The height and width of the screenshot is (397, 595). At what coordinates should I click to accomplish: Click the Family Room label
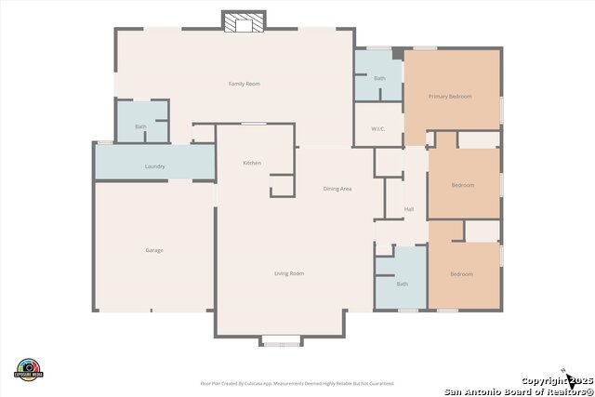pos(245,84)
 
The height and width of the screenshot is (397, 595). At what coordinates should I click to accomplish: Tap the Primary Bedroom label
pos(450,97)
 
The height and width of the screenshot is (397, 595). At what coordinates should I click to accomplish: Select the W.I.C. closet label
pos(378,129)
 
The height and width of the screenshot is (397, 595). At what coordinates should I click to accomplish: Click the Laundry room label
pos(154,166)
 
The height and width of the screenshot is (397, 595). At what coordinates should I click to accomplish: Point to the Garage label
pos(153,250)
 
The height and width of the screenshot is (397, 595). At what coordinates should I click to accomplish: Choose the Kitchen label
pos(252,163)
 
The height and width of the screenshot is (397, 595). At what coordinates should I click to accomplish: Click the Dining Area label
pos(337,189)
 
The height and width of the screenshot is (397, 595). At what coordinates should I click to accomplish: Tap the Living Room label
pos(289,273)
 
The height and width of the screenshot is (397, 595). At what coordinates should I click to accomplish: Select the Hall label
pos(409,209)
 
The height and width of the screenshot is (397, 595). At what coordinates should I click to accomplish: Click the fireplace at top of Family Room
pos(244,23)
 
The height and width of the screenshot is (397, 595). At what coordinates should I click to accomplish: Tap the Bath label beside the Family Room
pos(140,126)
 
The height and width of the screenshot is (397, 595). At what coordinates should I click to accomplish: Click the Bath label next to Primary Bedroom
pos(379,78)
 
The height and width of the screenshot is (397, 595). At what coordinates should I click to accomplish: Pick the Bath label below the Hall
pos(402,284)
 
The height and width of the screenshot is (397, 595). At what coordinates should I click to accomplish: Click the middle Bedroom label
pos(462,185)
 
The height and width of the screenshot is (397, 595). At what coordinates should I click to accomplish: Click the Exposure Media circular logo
pos(29,368)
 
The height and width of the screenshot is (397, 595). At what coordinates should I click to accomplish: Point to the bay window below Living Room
pos(281,340)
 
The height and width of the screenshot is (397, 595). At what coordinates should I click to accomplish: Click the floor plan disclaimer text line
pos(297,383)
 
